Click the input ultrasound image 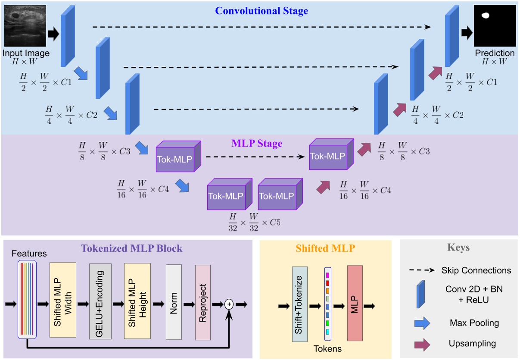pos(25,26)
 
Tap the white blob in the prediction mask pos(486,16)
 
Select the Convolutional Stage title pos(262,10)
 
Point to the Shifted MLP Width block pos(63,300)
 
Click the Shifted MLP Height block pos(137,300)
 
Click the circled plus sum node pos(229,304)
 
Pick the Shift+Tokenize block pos(302,304)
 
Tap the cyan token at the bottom pos(327,332)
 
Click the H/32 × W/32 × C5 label pos(255,222)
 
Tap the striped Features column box pos(27,298)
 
